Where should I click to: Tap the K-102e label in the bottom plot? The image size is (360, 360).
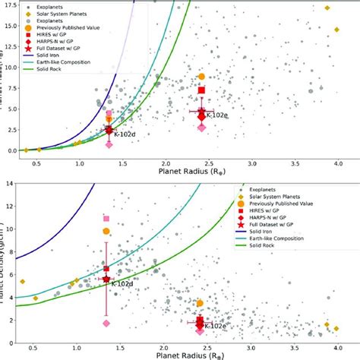click(216, 325)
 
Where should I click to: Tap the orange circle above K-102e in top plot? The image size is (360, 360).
click(201, 77)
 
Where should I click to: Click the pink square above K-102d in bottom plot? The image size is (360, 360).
click(107, 219)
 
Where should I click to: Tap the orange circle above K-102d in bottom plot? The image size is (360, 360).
click(107, 231)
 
